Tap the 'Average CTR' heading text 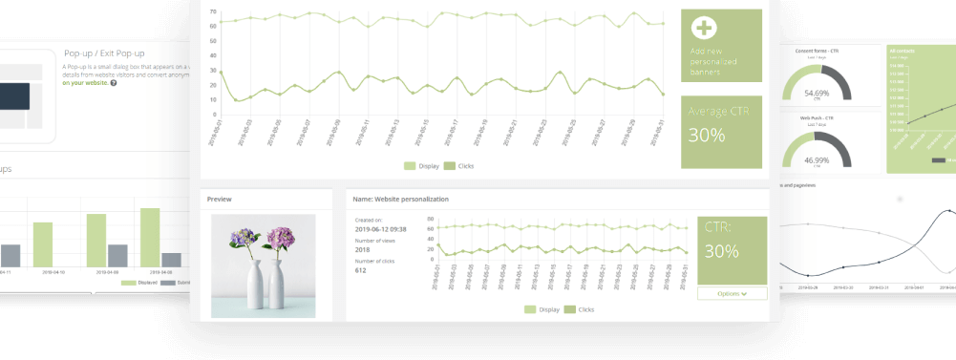click(x=720, y=112)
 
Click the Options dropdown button click(x=732, y=293)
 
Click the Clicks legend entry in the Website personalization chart click(x=579, y=309)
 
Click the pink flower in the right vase click(x=283, y=236)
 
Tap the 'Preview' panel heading click(x=220, y=200)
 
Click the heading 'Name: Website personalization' click(x=400, y=200)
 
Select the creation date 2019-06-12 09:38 click(x=381, y=229)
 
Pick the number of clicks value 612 click(x=360, y=270)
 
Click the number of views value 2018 click(x=362, y=250)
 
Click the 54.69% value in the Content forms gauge click(x=817, y=94)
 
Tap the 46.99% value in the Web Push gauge click(x=817, y=161)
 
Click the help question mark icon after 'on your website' click(x=114, y=83)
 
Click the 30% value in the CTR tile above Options click(x=721, y=252)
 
